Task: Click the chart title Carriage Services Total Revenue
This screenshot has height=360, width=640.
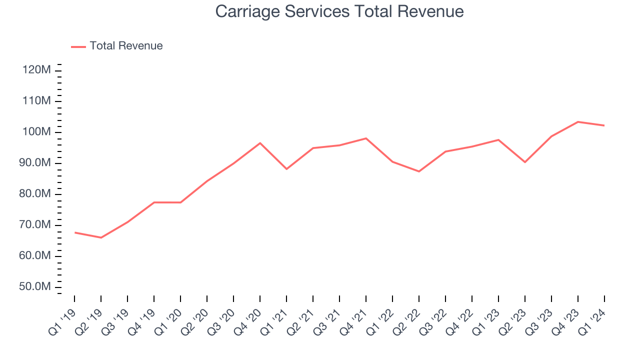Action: pyautogui.click(x=339, y=11)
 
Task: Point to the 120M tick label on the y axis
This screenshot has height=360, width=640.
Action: pyautogui.click(x=36, y=70)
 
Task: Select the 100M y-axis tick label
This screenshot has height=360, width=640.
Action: pyautogui.click(x=36, y=132)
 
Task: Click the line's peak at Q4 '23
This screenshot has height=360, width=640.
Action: pyautogui.click(x=578, y=122)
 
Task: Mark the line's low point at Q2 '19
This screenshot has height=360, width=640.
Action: pyautogui.click(x=101, y=237)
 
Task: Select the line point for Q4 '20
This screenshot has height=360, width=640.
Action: pyautogui.click(x=260, y=143)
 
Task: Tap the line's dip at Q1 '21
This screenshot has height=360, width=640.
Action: pyautogui.click(x=286, y=169)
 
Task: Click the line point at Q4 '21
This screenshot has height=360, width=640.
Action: pyautogui.click(x=366, y=138)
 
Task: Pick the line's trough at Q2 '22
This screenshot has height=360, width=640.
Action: pyautogui.click(x=419, y=171)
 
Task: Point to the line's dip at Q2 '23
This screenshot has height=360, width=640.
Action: pyautogui.click(x=525, y=162)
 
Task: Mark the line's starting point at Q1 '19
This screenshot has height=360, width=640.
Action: pyautogui.click(x=74, y=232)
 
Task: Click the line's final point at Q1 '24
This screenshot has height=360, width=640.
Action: pyautogui.click(x=604, y=125)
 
